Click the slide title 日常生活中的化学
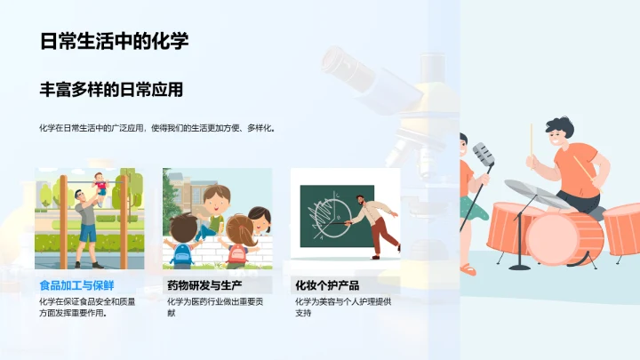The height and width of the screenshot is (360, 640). [x=114, y=42]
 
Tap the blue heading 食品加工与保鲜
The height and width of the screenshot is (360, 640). [x=77, y=285]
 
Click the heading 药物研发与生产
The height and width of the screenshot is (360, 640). [x=204, y=285]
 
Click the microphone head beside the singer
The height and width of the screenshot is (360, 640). [x=483, y=153]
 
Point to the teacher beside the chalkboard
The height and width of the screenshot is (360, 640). [x=373, y=222]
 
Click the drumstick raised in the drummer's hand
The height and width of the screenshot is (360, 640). [x=532, y=139]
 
